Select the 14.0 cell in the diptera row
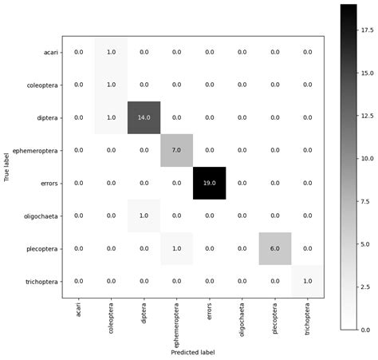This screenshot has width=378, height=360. point(144,117)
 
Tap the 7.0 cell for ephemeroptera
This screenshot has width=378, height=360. point(177,150)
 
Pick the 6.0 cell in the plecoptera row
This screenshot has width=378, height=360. point(275,248)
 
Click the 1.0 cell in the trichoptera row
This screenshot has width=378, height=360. point(308,281)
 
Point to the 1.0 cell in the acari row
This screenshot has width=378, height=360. point(112,52)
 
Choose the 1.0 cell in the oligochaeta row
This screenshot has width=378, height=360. point(144,216)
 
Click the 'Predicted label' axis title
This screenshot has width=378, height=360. point(193,351)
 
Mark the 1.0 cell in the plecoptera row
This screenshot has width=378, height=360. point(177,248)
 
